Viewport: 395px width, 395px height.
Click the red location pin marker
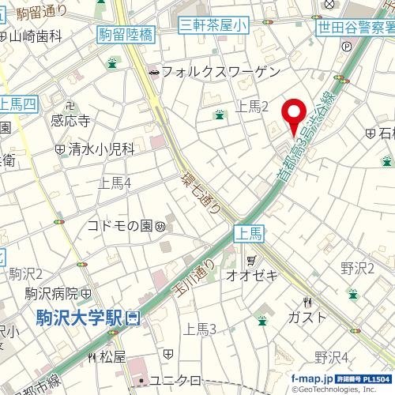click(295, 115)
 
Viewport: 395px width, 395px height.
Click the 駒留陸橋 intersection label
click(126, 33)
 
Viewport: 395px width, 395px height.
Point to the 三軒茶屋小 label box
click(213, 25)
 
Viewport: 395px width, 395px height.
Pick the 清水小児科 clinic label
click(101, 149)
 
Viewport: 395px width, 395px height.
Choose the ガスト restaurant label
click(307, 317)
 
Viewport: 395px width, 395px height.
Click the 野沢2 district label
click(357, 269)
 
